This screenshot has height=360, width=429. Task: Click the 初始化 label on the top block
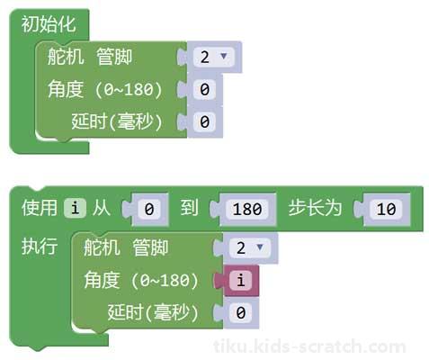click(49, 24)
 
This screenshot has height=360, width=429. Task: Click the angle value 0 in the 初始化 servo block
click(204, 89)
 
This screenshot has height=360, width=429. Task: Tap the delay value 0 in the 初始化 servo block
click(204, 121)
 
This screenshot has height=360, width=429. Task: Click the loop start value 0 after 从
click(149, 209)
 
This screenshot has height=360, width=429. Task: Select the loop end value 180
click(247, 209)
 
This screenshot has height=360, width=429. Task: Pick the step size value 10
click(386, 209)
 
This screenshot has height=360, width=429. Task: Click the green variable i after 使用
click(75, 208)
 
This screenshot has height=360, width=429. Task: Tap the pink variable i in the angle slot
click(241, 280)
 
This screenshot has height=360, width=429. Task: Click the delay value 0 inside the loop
click(241, 312)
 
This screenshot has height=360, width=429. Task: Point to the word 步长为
click(315, 208)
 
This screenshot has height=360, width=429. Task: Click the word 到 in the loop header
click(189, 208)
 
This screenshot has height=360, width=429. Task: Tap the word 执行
click(40, 247)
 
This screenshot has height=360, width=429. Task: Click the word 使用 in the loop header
click(40, 208)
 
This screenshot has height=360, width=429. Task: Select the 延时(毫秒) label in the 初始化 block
click(117, 121)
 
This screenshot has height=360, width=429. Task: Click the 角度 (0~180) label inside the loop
click(141, 280)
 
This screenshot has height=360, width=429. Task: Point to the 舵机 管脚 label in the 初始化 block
click(90, 57)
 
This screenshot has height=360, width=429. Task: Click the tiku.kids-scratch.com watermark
click(309, 346)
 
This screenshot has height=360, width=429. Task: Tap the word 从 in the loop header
click(102, 208)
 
